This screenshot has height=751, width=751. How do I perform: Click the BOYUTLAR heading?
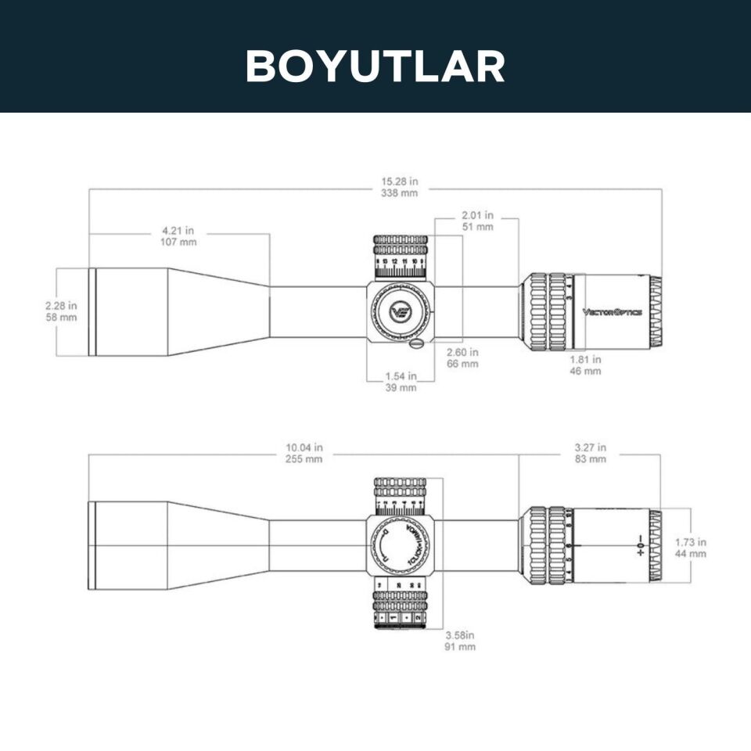[375, 66]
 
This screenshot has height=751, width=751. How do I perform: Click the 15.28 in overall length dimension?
[398, 187]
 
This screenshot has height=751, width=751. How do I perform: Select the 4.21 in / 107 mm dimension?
[179, 236]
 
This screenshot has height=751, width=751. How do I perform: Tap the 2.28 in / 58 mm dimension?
[61, 311]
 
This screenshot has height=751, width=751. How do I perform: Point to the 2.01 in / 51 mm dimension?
[477, 221]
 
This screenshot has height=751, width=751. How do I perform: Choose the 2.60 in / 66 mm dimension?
[462, 358]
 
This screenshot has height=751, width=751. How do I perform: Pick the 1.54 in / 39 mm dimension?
[401, 382]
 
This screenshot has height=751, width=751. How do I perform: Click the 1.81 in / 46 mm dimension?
[585, 365]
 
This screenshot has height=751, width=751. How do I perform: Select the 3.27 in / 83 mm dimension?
[590, 454]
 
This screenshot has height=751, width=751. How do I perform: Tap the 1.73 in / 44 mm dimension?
[691, 548]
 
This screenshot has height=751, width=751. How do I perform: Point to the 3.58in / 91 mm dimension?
[460, 641]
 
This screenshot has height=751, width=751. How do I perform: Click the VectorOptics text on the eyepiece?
[613, 312]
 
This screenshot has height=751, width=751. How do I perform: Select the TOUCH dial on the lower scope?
[401, 545]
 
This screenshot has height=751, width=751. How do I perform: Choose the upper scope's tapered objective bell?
[219, 311]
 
